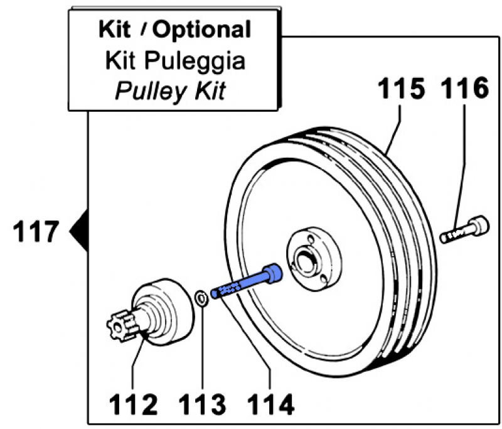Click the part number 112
coord(134,405)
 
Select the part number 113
coord(202,405)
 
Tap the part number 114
coord(271,405)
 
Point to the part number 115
coord(402,89)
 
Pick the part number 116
coord(465,89)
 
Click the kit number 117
coord(36,231)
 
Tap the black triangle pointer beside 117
coord(79,231)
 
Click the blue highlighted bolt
coord(246,281)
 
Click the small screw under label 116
coord(465,229)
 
